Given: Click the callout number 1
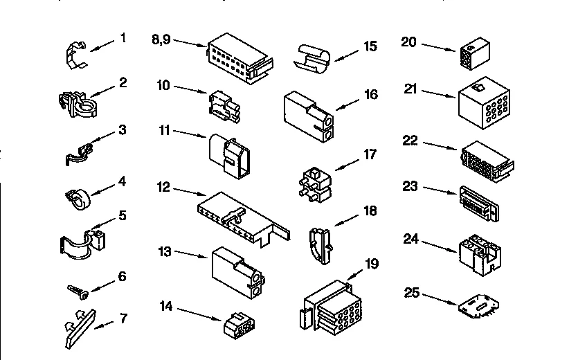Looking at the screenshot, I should click(x=123, y=38).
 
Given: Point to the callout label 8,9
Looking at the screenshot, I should click(x=161, y=39).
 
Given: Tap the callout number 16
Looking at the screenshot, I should click(x=371, y=94).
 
